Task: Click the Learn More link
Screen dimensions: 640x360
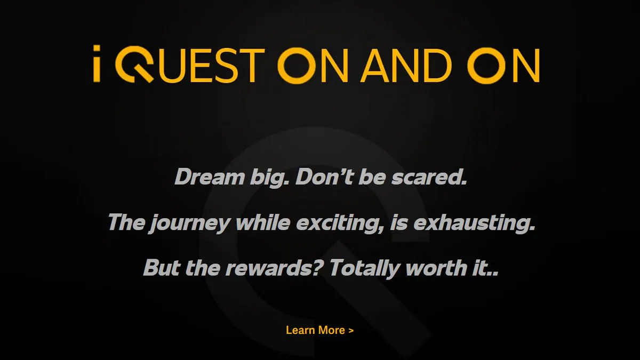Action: pyautogui.click(x=319, y=330)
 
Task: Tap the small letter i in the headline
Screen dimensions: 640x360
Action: pyautogui.click(x=97, y=63)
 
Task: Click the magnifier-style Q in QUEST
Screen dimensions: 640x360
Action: pyautogui.click(x=134, y=65)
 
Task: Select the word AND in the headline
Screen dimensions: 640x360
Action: pyautogui.click(x=406, y=66)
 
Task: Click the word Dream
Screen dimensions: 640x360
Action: pyautogui.click(x=210, y=177)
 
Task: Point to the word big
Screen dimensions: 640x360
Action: pyautogui.click(x=269, y=178)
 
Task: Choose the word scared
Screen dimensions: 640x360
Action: pyautogui.click(x=429, y=177)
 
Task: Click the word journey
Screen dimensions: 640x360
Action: pyautogui.click(x=189, y=223)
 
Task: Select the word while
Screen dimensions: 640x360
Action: pyautogui.click(x=263, y=222)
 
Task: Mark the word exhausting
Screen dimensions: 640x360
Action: pyautogui.click(x=474, y=223)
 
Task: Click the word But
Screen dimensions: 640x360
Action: pyautogui.click(x=162, y=267)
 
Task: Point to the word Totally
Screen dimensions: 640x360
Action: pyautogui.click(x=365, y=269)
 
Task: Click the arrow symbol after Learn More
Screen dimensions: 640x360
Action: pyautogui.click(x=351, y=331)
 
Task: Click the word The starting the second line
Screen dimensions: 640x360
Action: pyautogui.click(x=126, y=222)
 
